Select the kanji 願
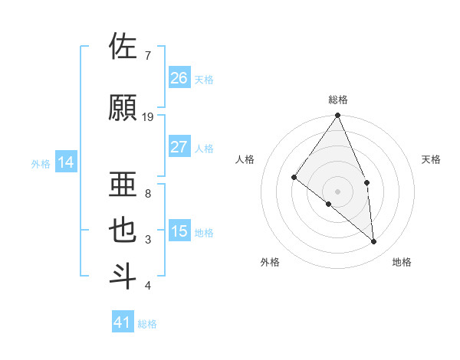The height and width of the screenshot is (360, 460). click(123, 108)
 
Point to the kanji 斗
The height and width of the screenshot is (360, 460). click(123, 277)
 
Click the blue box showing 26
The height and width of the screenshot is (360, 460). click(179, 77)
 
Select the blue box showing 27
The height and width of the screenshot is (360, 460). click(179, 147)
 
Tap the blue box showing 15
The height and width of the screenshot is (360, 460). click(179, 231)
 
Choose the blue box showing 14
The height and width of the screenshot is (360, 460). click(66, 162)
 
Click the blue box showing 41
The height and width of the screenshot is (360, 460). click(123, 322)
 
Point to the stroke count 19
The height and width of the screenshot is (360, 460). click(148, 116)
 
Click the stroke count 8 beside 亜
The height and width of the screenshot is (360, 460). click(148, 193)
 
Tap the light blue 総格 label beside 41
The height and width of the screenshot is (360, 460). click(147, 324)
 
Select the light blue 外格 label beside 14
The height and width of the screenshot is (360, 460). click(41, 163)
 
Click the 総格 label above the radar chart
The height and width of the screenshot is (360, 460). click(338, 100)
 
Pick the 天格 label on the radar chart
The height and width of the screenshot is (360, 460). click(432, 159)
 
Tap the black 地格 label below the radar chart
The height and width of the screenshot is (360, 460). click(402, 262)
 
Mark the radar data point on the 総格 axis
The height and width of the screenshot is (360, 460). click(337, 116)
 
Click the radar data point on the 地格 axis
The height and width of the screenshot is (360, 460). click(374, 241)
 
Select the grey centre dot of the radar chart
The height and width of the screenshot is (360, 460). click(337, 191)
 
